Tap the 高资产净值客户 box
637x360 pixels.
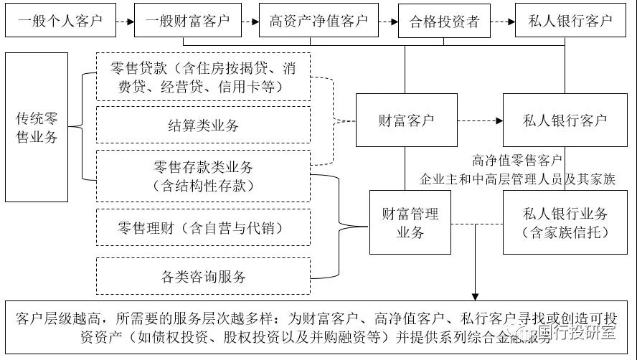pyautogui.click(x=318, y=20)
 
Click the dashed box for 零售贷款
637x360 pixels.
pyautogui.click(x=203, y=77)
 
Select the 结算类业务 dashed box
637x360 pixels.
pyautogui.click(x=203, y=125)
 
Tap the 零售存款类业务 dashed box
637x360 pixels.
pyautogui.click(x=203, y=175)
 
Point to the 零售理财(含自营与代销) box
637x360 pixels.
pyautogui.click(x=203, y=227)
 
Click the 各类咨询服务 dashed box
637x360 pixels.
pyautogui.click(x=203, y=277)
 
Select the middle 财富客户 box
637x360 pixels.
pyautogui.click(x=405, y=120)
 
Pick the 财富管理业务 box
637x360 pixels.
pyautogui.click(x=405, y=222)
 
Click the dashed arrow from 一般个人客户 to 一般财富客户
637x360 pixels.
pyautogui.click(x=126, y=21)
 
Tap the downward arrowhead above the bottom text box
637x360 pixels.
pyautogui.click(x=474, y=294)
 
